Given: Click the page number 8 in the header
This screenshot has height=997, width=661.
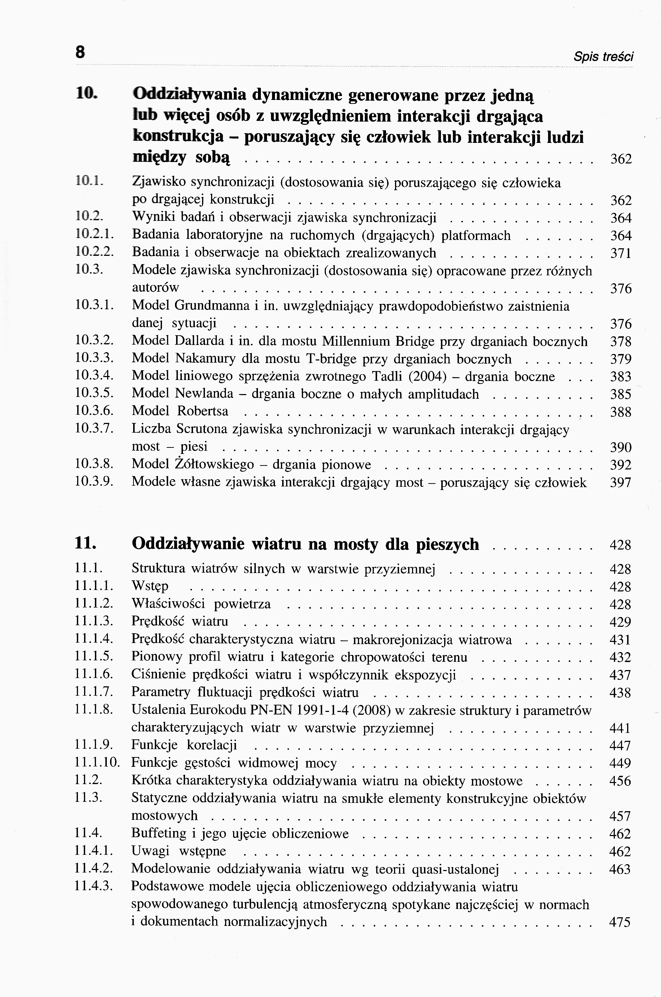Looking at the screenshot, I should click(80, 53).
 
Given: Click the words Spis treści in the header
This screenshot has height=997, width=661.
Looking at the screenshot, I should click(603, 57).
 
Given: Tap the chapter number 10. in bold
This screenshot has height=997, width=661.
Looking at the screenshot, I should click(87, 93).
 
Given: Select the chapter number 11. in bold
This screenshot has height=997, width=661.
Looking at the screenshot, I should click(86, 543).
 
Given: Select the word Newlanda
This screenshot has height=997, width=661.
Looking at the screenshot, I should click(204, 394).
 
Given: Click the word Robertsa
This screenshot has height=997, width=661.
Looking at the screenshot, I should click(203, 411).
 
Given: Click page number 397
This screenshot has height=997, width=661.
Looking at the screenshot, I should click(621, 483).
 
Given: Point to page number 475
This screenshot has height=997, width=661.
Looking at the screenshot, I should click(620, 922).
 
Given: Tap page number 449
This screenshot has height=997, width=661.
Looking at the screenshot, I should click(620, 763).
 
